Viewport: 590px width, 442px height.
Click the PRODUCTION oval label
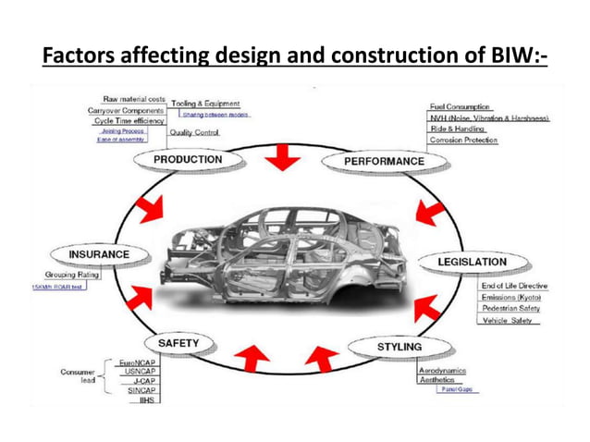click(x=189, y=160)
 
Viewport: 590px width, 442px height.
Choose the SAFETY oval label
click(x=178, y=343)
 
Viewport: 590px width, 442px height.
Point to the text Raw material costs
click(x=134, y=98)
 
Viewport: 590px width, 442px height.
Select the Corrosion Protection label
click(x=463, y=141)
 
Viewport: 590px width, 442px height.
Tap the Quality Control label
click(x=194, y=133)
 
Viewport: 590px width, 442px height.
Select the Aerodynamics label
click(x=443, y=370)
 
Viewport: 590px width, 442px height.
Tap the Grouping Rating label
click(x=72, y=275)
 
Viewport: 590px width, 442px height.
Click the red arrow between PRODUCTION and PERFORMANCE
click(x=281, y=159)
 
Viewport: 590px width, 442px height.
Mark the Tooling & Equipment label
click(x=205, y=104)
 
